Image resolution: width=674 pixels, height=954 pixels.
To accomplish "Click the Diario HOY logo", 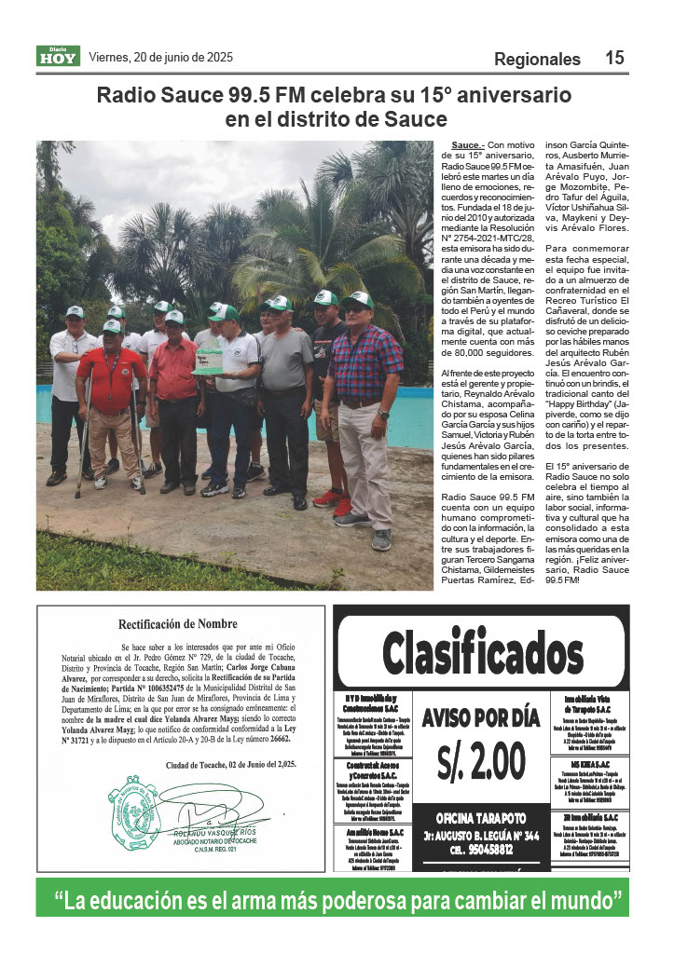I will (x=59, y=56).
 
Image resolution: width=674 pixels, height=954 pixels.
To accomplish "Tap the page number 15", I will (x=614, y=58).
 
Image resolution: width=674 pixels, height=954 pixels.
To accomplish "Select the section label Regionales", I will (x=537, y=59).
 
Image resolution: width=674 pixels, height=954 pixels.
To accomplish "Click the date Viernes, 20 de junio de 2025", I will (x=159, y=57).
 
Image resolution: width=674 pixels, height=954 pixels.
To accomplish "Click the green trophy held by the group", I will (x=210, y=356).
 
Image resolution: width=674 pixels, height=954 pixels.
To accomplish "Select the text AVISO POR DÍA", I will (x=480, y=717).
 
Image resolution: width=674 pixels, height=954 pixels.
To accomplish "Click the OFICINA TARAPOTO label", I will (x=480, y=817).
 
